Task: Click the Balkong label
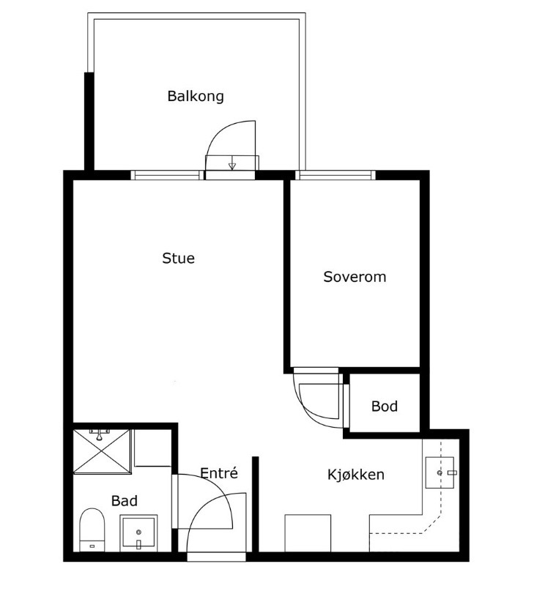[x=196, y=96]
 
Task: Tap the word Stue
[x=178, y=258]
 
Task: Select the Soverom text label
[x=355, y=277]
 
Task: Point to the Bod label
[x=385, y=406]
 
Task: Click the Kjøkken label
[x=356, y=475]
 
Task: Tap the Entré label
[x=219, y=472]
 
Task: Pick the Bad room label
[x=125, y=501]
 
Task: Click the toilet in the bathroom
[x=92, y=530]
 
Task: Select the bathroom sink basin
[x=138, y=533]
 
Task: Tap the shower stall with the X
[x=102, y=451]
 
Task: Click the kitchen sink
[x=440, y=472]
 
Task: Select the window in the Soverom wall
[x=335, y=175]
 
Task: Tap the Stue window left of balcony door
[x=167, y=175]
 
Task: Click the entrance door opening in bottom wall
[x=216, y=557]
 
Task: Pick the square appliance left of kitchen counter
[x=308, y=533]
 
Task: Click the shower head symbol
[x=100, y=435]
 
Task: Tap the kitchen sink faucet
[x=452, y=472]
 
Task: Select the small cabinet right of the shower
[x=152, y=448]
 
